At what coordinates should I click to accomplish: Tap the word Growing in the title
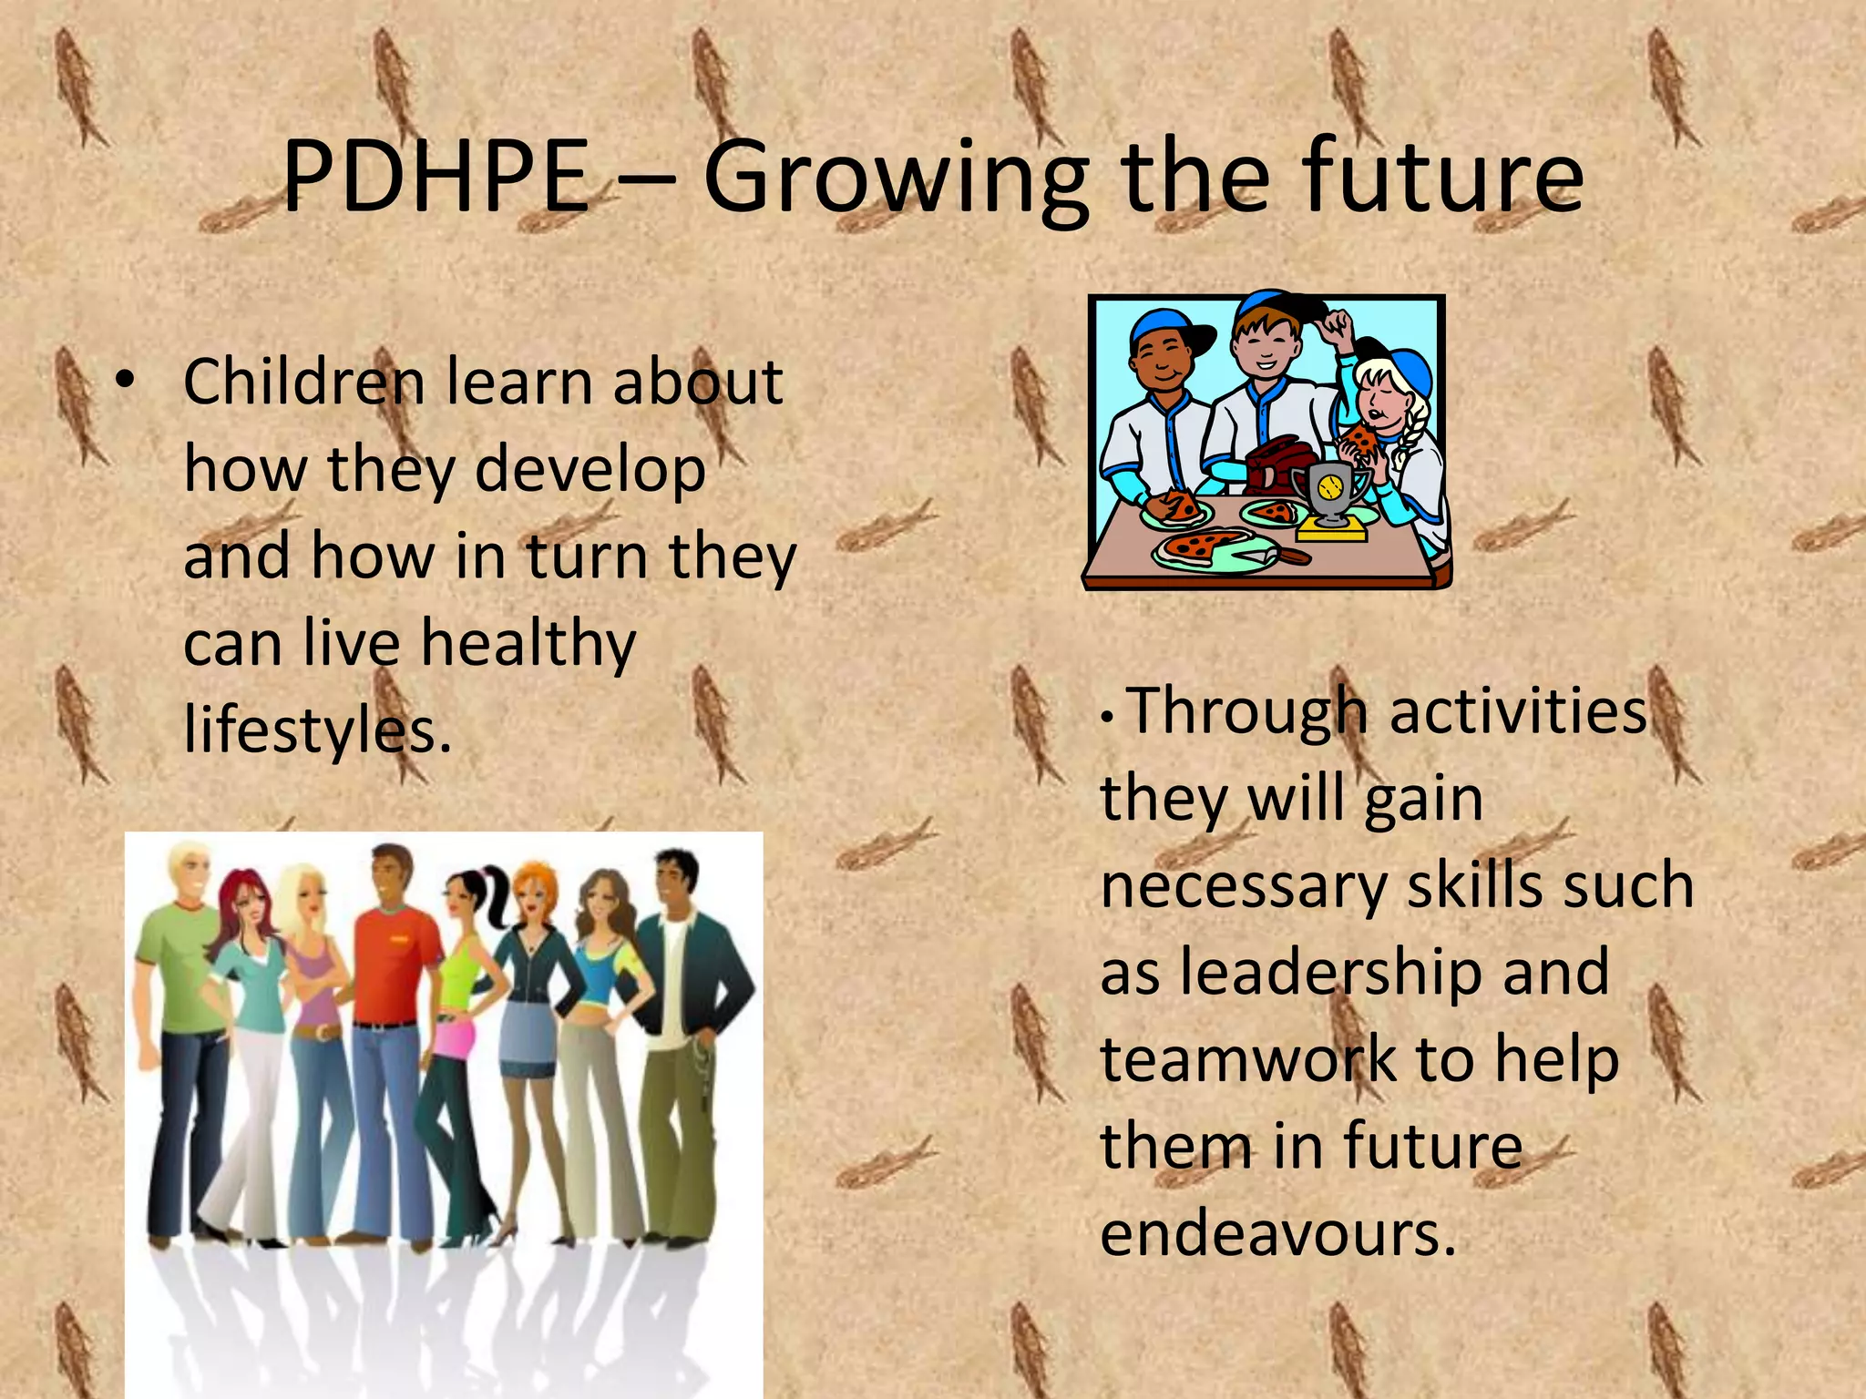point(896,180)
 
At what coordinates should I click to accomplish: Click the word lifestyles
point(317,731)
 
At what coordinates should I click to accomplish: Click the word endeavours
point(1277,1234)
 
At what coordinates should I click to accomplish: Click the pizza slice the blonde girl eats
point(1360,442)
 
